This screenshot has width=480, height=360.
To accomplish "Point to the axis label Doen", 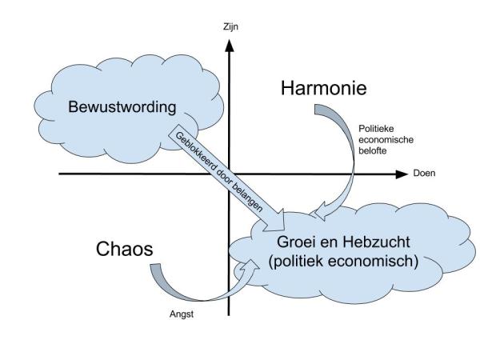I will tap(423, 174).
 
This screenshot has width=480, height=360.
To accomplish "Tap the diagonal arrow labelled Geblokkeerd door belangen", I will tap(224, 172).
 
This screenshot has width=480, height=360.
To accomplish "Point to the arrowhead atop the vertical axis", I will tap(230, 41).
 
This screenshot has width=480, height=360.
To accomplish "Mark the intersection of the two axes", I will tap(230, 174).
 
